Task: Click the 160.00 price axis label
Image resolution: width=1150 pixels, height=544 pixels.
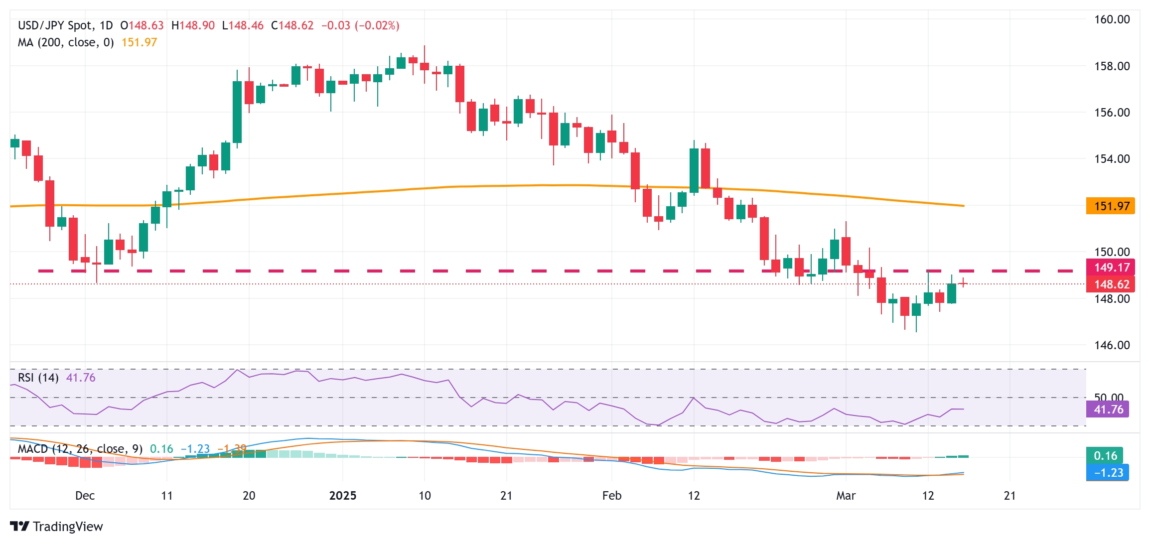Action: click(x=1112, y=19)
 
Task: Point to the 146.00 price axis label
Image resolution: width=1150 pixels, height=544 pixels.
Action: click(x=1112, y=345)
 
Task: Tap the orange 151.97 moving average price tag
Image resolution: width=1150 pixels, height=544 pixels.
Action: click(x=1110, y=206)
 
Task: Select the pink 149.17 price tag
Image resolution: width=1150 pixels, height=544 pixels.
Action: click(x=1110, y=268)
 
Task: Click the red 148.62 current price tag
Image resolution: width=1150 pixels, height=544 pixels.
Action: click(x=1110, y=284)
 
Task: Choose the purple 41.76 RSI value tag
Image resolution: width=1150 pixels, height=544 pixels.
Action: click(x=1107, y=409)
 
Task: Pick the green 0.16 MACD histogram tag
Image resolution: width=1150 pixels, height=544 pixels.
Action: click(x=1105, y=455)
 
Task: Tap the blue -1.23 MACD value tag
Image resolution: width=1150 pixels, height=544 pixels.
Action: click(x=1107, y=472)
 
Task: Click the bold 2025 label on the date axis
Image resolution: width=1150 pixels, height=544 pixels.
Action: click(x=343, y=496)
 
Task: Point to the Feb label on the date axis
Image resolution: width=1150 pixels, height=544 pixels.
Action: click(x=612, y=496)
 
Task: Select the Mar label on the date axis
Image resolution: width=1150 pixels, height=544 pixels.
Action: click(x=846, y=496)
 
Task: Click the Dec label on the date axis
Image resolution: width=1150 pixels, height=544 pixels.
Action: click(x=85, y=496)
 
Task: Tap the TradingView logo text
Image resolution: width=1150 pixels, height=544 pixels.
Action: click(x=67, y=527)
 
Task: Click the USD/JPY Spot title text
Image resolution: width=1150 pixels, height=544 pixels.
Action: click(x=55, y=25)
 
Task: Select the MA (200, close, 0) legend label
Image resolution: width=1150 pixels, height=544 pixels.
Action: click(x=66, y=42)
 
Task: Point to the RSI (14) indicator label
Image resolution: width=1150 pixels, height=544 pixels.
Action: click(x=38, y=378)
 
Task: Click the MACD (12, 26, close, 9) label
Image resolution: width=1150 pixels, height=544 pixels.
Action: click(x=80, y=449)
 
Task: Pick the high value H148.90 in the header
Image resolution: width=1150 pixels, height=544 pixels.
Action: click(x=193, y=25)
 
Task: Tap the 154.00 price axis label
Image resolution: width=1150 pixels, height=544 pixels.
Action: click(x=1112, y=159)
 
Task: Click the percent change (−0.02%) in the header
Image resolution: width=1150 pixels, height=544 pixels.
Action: click(x=377, y=25)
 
